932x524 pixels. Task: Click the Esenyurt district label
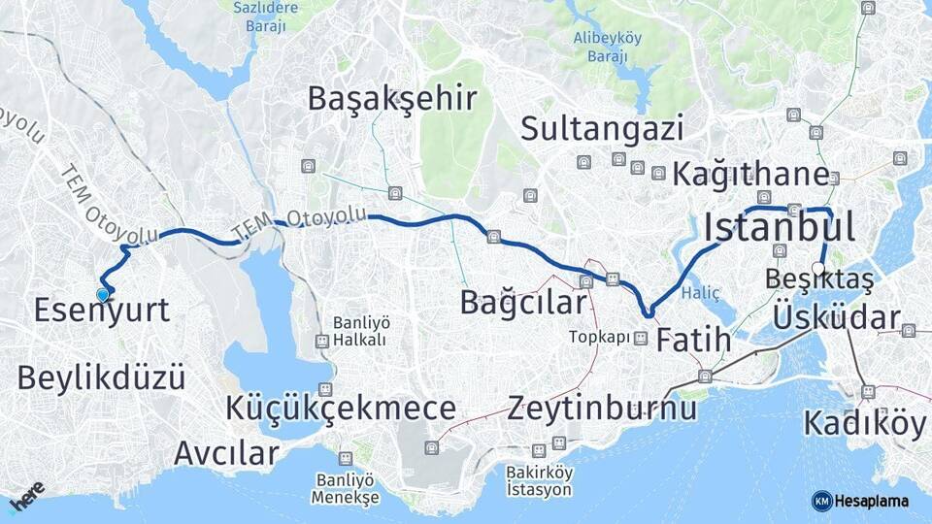(x=101, y=311)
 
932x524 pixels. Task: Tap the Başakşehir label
(x=392, y=98)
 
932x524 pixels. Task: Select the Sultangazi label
(x=602, y=128)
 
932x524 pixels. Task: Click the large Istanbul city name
(x=780, y=227)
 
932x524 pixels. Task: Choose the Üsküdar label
(x=837, y=317)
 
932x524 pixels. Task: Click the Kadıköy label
(x=865, y=423)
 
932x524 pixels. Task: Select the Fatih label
(x=693, y=341)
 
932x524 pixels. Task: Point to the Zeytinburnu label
(x=602, y=408)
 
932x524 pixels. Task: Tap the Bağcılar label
(x=523, y=302)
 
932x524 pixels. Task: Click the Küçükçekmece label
(x=341, y=409)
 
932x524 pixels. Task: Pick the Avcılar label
(x=227, y=452)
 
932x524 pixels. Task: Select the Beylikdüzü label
(x=101, y=377)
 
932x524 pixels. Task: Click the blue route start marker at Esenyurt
(x=103, y=294)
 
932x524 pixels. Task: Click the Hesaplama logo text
(x=871, y=501)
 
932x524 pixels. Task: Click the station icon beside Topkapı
(x=640, y=339)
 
